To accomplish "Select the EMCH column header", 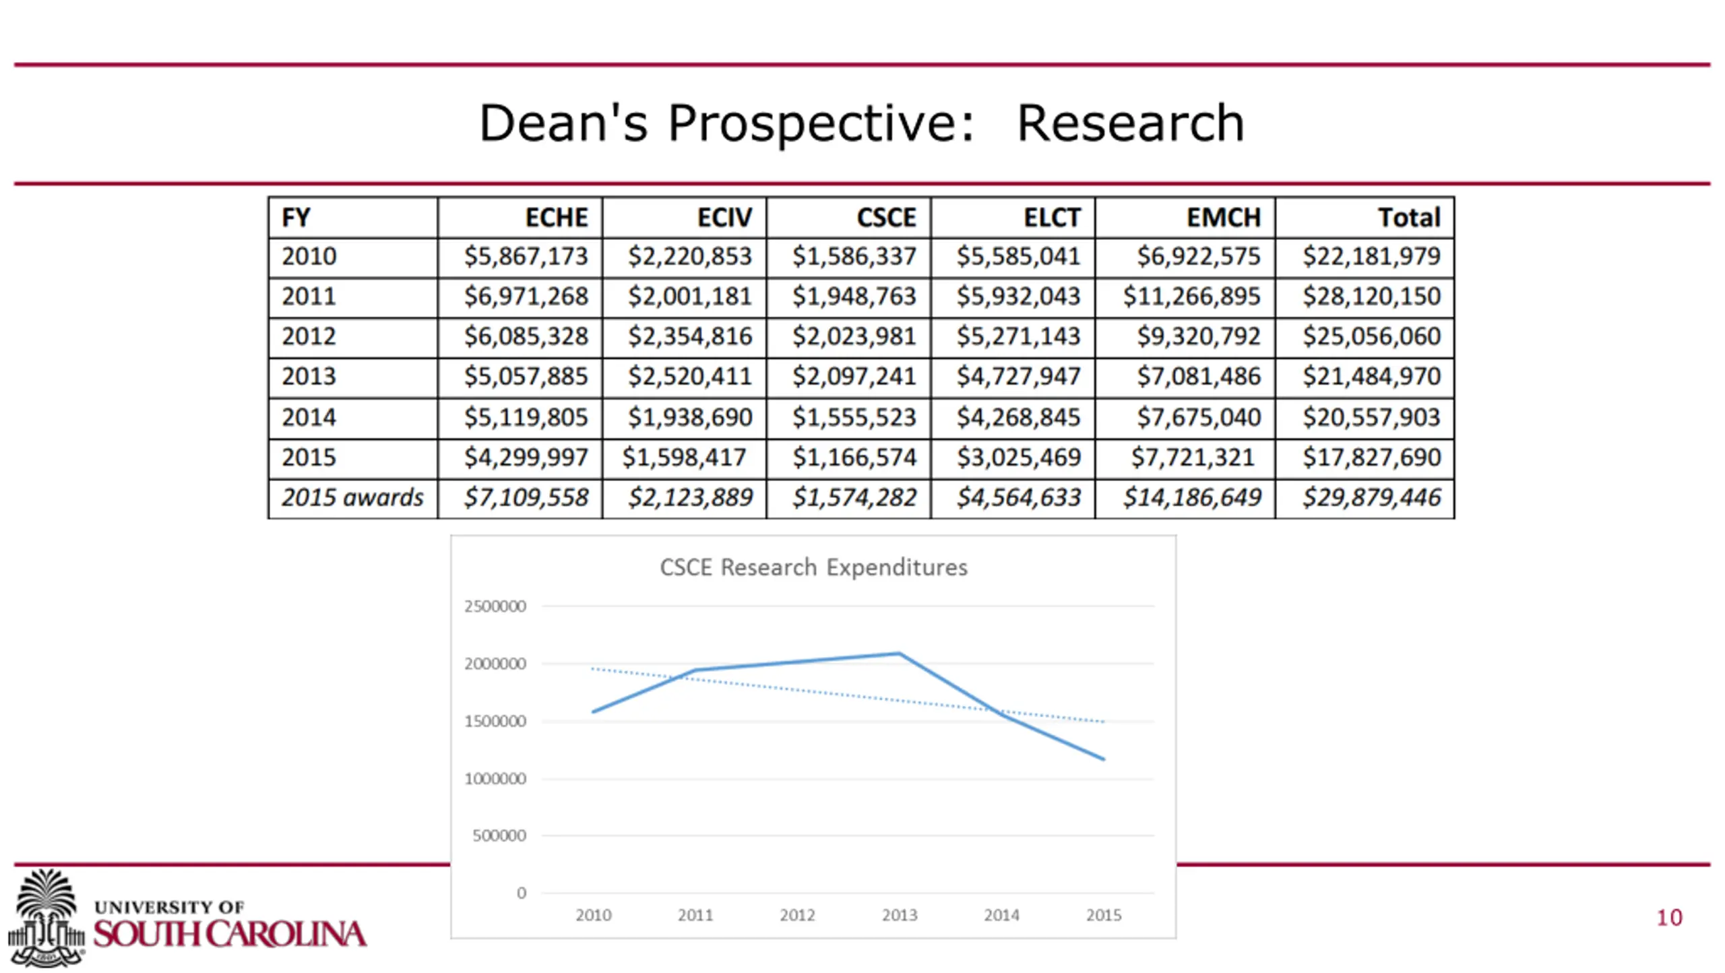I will (x=1223, y=218).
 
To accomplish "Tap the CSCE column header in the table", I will (x=886, y=218).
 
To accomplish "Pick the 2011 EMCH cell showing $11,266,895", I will (x=1191, y=296).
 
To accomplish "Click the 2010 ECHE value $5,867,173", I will (x=526, y=257).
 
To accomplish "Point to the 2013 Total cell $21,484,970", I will (x=1371, y=376).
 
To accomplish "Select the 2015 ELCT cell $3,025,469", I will (x=1018, y=458).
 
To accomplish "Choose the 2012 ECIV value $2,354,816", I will (x=689, y=336).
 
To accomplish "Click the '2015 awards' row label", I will (x=352, y=498).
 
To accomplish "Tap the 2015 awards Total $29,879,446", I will (x=1371, y=498).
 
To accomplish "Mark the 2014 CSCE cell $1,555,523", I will (x=854, y=418).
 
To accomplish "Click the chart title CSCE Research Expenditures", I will (x=813, y=567).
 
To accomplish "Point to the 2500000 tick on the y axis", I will (x=495, y=606).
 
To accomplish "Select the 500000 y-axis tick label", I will (x=499, y=836).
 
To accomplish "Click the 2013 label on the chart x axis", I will (x=900, y=915).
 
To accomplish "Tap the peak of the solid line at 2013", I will (x=900, y=654).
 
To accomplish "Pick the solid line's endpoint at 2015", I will (x=1103, y=759).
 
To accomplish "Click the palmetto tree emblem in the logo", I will (x=46, y=916).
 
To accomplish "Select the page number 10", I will (x=1669, y=918).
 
